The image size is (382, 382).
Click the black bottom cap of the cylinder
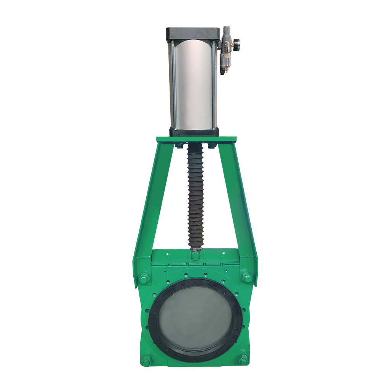pos(194,133)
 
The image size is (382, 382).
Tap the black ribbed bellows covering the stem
pos(195,195)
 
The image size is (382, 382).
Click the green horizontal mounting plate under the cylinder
pos(196,140)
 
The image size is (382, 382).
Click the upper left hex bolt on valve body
pos(144,278)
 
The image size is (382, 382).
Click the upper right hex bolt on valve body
pos(246,277)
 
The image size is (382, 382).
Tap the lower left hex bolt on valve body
pos(146,359)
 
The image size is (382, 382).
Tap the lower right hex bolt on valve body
pos(243,359)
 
